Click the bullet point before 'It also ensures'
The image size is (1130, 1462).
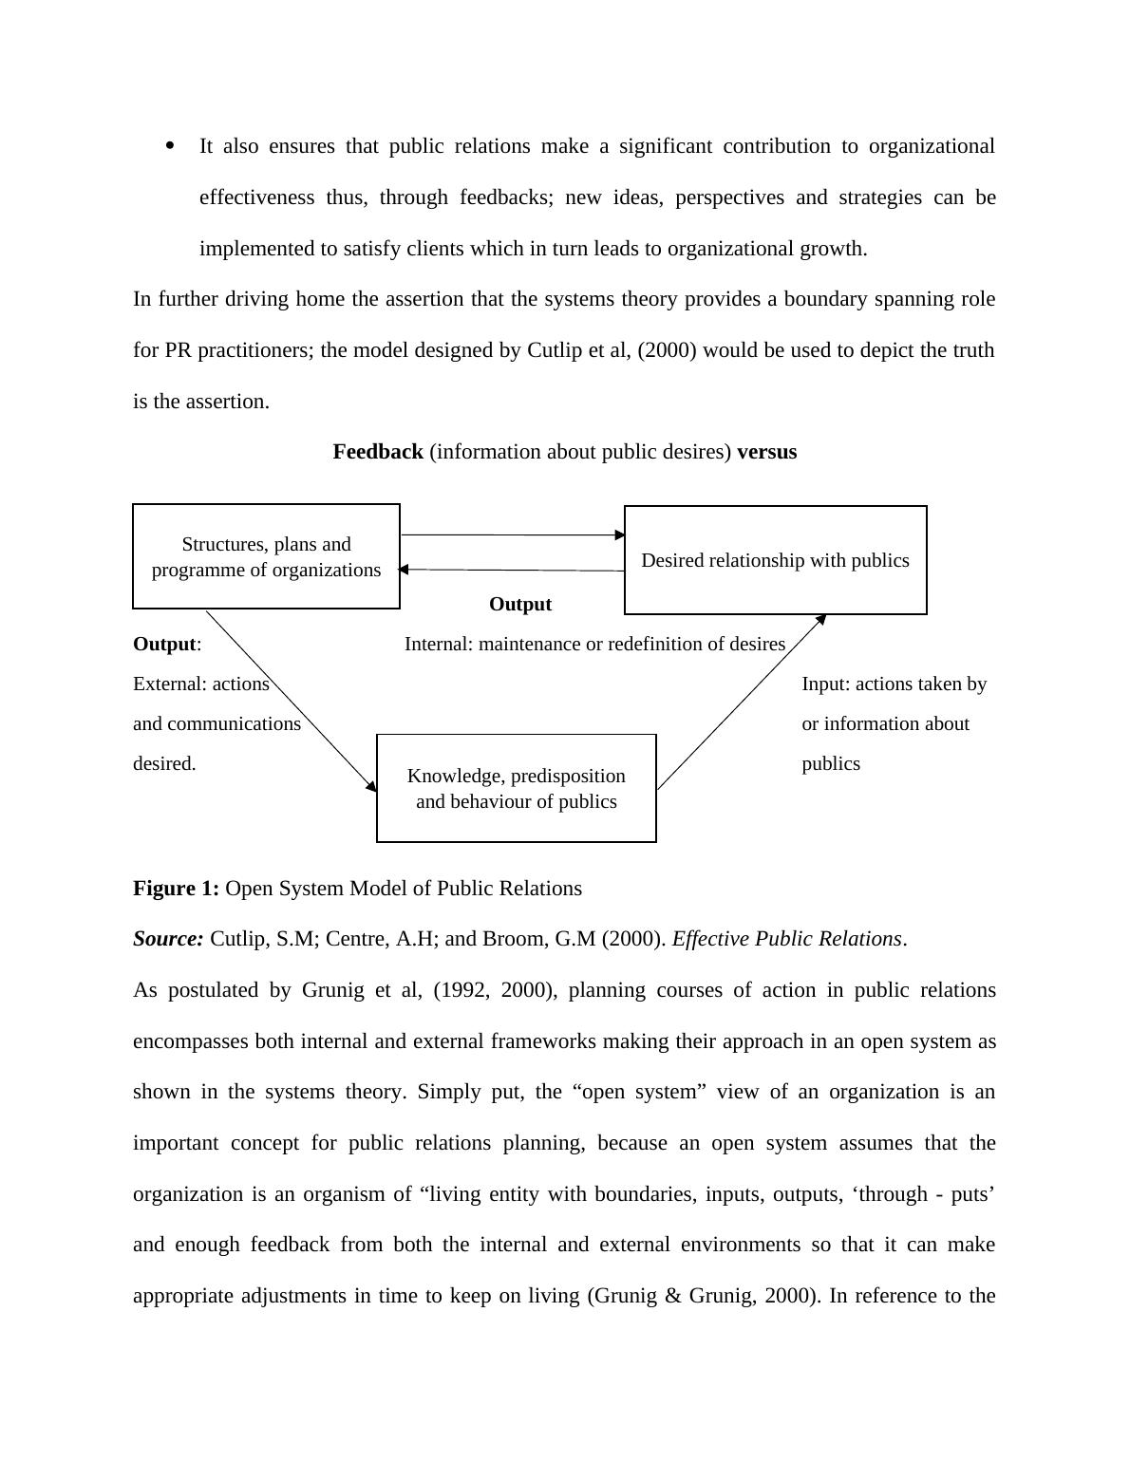pyautogui.click(x=170, y=145)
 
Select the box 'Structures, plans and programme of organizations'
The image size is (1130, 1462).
pyautogui.click(x=266, y=556)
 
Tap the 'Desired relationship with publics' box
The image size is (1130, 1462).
pyautogui.click(x=775, y=560)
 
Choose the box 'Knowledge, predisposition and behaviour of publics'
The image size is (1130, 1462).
pyautogui.click(x=516, y=788)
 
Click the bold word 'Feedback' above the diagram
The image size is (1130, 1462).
pyautogui.click(x=378, y=452)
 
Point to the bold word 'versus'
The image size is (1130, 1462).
pyautogui.click(x=766, y=452)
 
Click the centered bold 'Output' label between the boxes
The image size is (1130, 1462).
pyautogui.click(x=520, y=605)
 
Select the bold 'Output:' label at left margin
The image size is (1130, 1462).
pyautogui.click(x=166, y=645)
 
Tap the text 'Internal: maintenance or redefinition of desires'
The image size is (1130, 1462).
pyautogui.click(x=594, y=645)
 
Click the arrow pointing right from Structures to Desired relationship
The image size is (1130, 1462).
pyautogui.click(x=513, y=535)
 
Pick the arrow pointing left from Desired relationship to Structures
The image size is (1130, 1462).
pyautogui.click(x=513, y=570)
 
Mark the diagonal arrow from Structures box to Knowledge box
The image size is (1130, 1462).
pyautogui.click(x=291, y=700)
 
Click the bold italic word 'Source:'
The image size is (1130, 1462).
pyautogui.click(x=168, y=939)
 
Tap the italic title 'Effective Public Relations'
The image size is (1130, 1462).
pyautogui.click(x=786, y=939)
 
